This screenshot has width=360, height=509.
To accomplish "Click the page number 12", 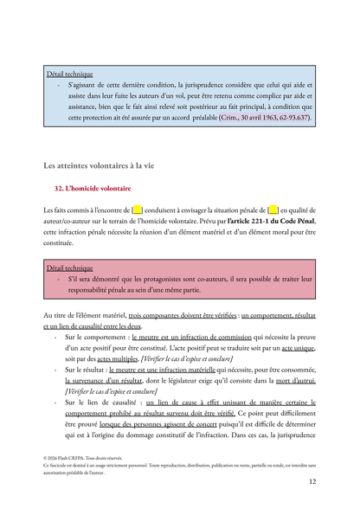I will [x=312, y=493].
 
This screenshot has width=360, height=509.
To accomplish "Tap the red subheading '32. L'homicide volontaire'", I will [x=93, y=188].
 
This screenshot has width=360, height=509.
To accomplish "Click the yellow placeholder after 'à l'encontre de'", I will [x=137, y=210].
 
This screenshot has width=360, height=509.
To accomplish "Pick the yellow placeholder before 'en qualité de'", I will [x=273, y=210].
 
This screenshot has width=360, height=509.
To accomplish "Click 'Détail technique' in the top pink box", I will [x=70, y=74].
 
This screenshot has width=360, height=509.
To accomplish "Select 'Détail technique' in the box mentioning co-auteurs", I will [x=70, y=268].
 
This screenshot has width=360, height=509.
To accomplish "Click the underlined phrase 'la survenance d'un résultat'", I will [x=107, y=380].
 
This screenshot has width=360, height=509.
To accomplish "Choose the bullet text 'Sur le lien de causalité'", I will [x=100, y=403].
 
